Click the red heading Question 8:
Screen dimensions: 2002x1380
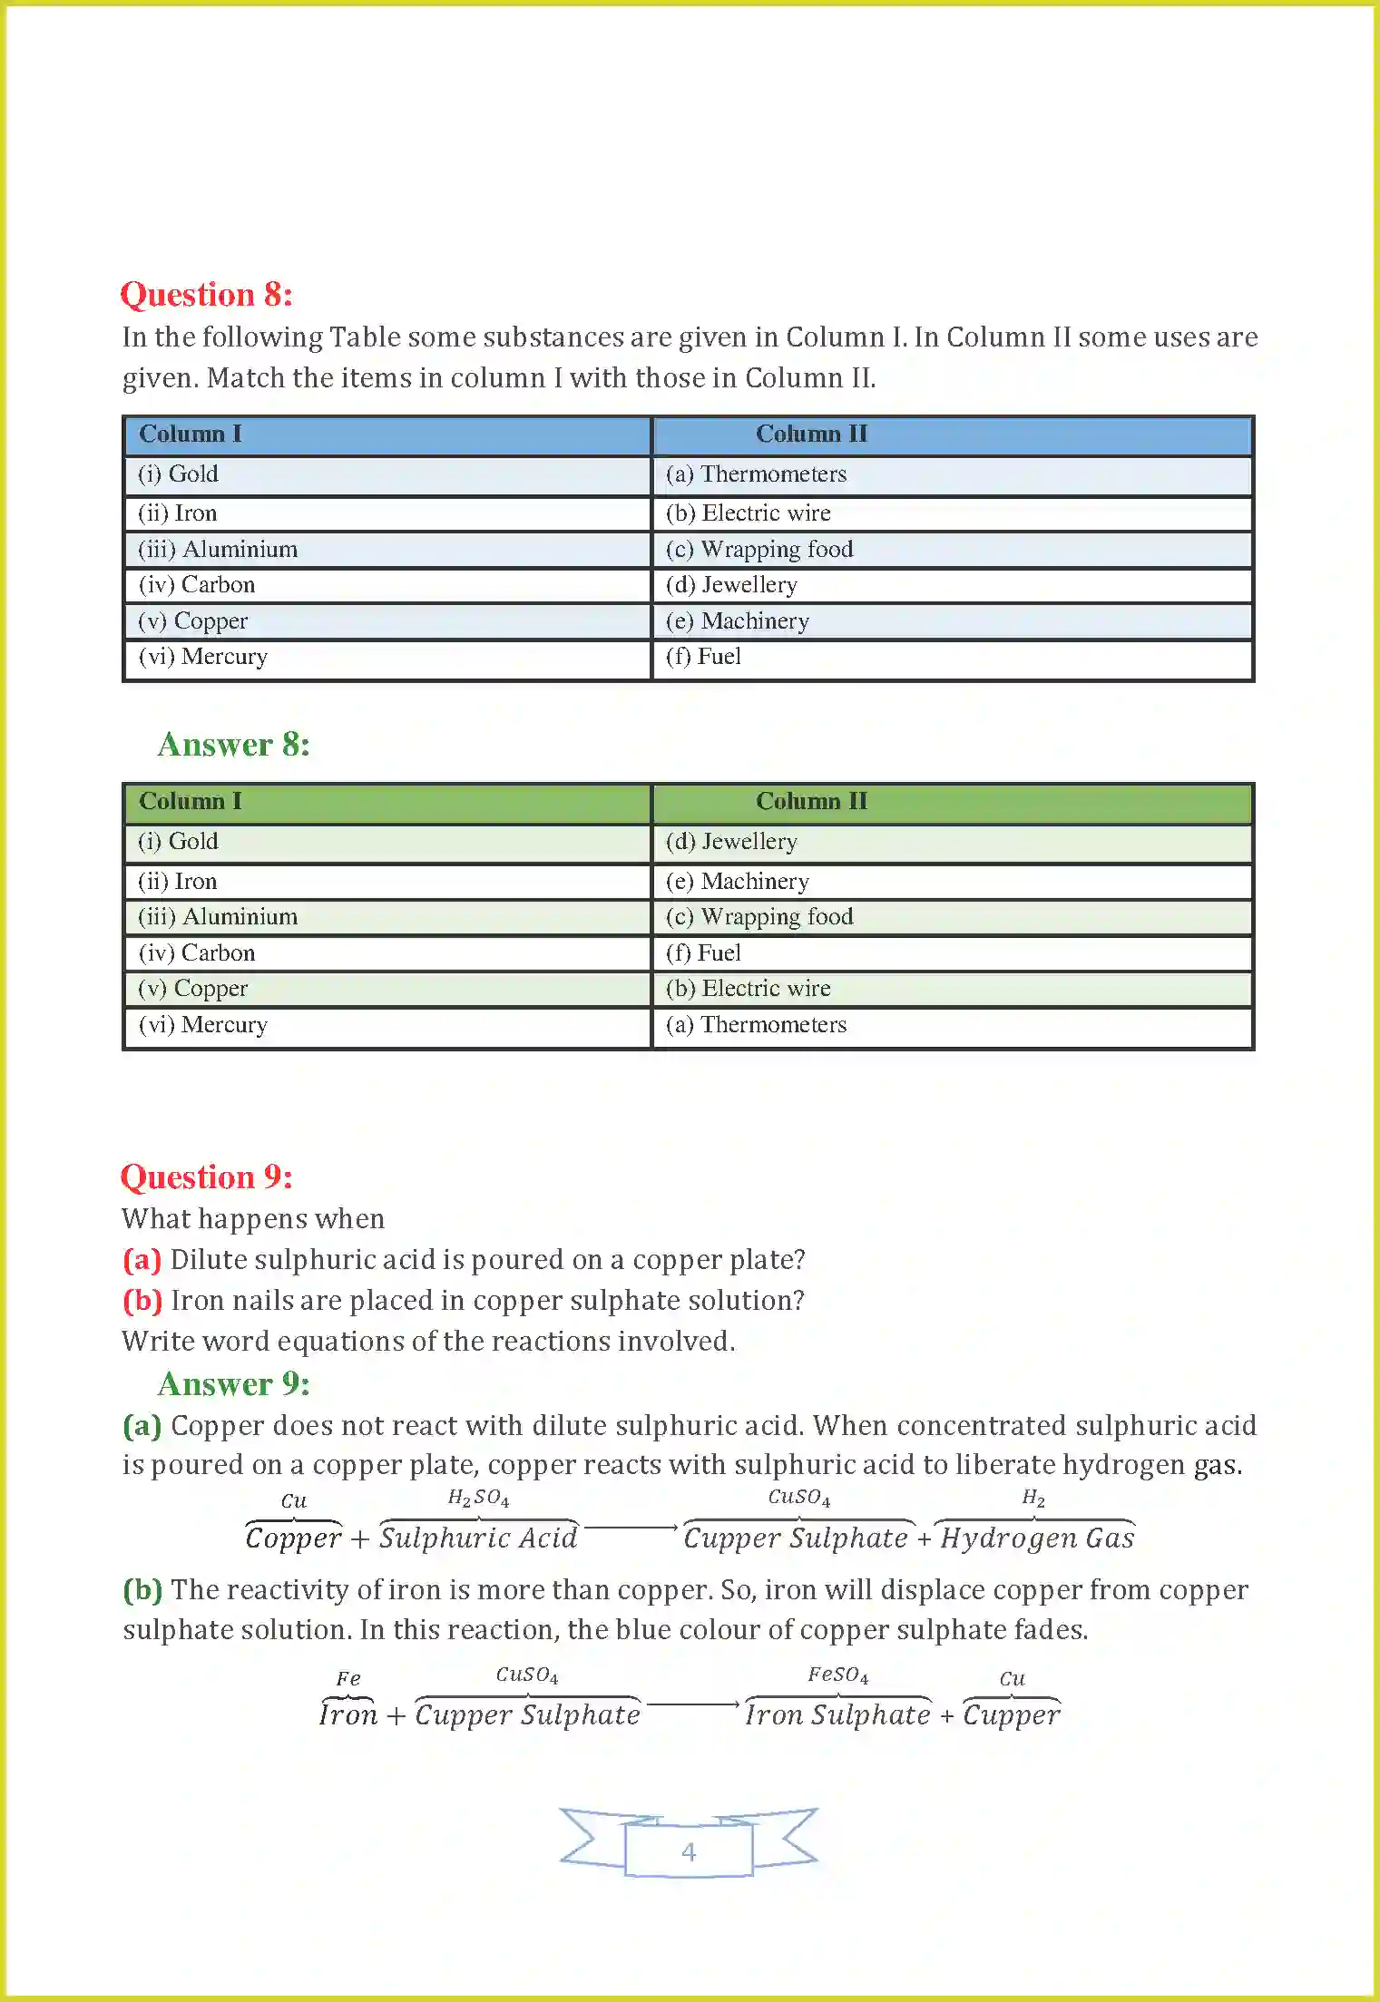206,295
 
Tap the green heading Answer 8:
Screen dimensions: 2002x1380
233,745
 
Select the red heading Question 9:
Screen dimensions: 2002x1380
206,1177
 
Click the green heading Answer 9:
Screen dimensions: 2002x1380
233,1384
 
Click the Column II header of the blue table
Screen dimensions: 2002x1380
811,435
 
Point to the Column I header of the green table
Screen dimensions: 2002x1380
190,802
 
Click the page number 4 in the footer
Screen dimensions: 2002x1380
689,1851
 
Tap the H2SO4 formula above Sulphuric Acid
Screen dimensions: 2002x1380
478,1498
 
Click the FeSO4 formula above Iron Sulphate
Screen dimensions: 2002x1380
837,1675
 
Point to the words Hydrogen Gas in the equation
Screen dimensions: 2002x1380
1037,1538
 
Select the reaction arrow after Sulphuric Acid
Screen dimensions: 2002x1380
631,1528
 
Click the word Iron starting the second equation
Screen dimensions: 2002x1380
347,1715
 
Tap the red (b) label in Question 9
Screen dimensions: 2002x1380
142,1301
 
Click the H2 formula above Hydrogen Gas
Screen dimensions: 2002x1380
1033,1498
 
